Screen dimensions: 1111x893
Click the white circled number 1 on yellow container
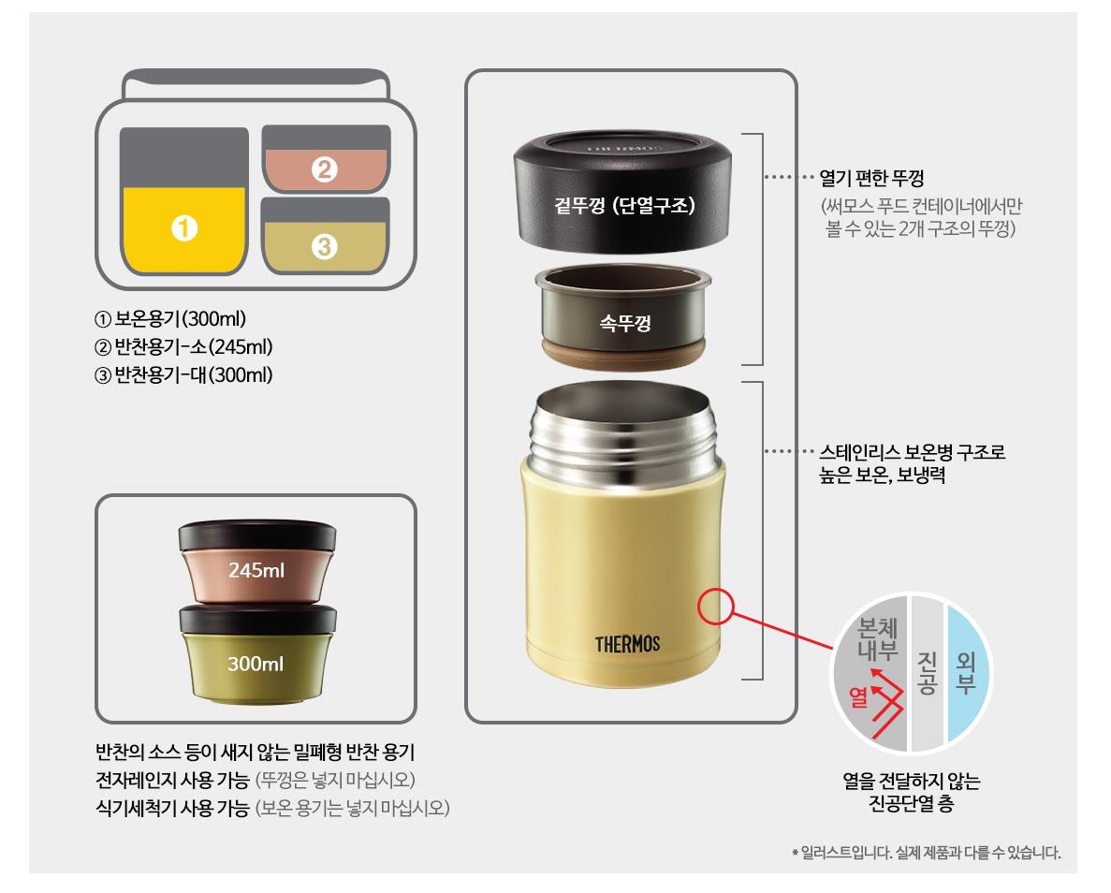coord(184,228)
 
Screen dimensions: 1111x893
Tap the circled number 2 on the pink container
coord(325,169)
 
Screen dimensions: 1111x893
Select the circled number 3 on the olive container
coord(325,246)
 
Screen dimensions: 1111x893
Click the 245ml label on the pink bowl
coord(256,570)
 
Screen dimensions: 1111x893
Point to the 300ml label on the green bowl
coord(256,664)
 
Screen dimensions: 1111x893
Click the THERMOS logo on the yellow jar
coord(627,644)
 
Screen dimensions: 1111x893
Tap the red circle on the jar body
coord(716,607)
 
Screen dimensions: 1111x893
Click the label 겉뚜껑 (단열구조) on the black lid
coord(624,206)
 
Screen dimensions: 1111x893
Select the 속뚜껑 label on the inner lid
coord(625,323)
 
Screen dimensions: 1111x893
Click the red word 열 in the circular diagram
coord(858,696)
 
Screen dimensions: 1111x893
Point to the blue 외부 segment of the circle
coord(967,673)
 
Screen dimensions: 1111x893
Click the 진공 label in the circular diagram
coord(928,673)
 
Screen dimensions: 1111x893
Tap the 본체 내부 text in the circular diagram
coord(877,638)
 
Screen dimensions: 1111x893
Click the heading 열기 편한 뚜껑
coord(871,178)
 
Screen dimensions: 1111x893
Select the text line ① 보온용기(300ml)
coord(170,319)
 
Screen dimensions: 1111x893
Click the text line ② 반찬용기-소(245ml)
coord(183,347)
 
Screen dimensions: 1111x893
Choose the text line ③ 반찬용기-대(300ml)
coord(183,375)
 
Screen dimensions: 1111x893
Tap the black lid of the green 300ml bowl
coord(258,620)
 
